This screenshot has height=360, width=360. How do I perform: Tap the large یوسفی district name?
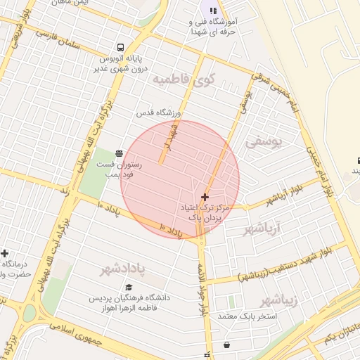pos(263,142)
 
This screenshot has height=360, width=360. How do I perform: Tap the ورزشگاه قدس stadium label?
pos(158,112)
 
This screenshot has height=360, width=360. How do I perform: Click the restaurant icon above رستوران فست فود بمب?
pos(118,153)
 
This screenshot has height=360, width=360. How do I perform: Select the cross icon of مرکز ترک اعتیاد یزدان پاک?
pos(205,198)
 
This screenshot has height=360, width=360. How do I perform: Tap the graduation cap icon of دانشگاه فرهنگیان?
pos(129,287)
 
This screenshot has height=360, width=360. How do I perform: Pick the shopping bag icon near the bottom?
pos(226,345)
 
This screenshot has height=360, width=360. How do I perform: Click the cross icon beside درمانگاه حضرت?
pos(5,253)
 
